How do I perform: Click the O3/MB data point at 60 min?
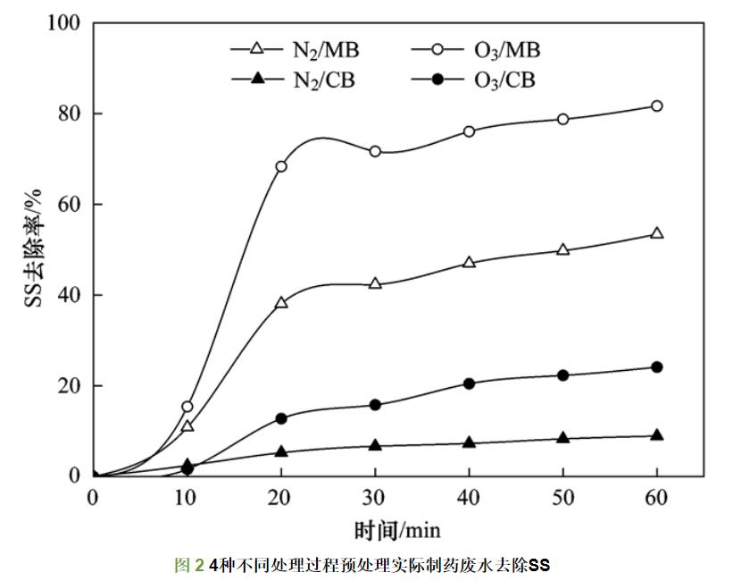click(x=657, y=105)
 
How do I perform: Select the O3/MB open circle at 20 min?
click(x=281, y=166)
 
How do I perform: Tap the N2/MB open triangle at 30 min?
click(x=375, y=283)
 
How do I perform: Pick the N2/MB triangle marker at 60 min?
click(x=657, y=233)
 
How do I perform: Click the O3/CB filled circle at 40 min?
click(x=469, y=383)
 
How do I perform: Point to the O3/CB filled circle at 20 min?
click(x=281, y=418)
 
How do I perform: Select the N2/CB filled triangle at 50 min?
click(x=562, y=438)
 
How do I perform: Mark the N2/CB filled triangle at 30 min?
click(x=375, y=444)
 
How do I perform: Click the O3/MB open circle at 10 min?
click(x=187, y=407)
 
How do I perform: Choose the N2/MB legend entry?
click(x=296, y=49)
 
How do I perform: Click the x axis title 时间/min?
click(x=397, y=530)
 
